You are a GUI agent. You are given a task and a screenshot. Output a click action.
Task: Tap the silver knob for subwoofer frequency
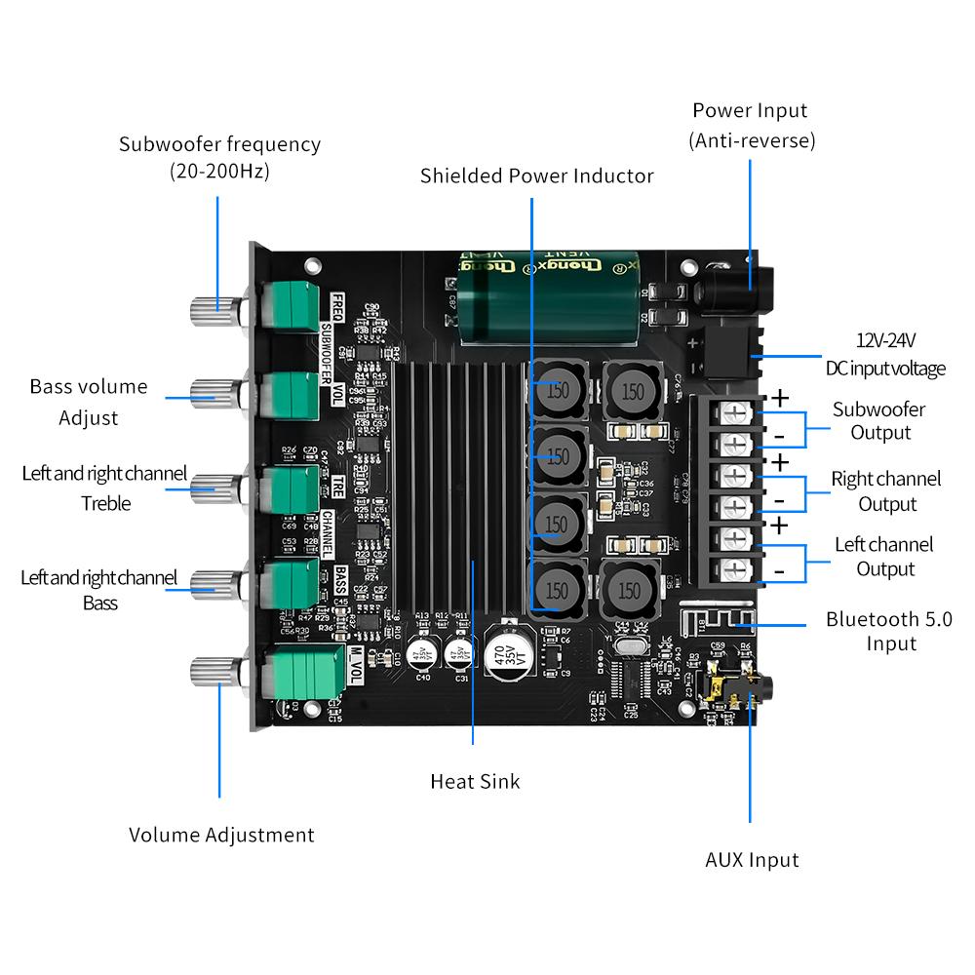click(212, 311)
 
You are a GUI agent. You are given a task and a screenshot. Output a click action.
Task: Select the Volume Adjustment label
click(221, 835)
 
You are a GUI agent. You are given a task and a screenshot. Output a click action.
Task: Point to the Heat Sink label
click(475, 781)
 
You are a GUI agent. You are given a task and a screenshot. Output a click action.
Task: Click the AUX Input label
click(752, 860)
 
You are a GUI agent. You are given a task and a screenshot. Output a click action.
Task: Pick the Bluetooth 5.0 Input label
click(888, 631)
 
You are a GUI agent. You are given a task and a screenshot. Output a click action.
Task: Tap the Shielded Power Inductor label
click(536, 175)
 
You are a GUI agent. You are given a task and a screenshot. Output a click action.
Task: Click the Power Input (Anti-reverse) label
click(751, 125)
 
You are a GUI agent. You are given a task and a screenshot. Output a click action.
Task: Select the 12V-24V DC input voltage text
click(886, 354)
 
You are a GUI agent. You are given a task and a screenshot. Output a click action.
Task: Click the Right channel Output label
click(886, 490)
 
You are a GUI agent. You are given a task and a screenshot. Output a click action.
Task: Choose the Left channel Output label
click(884, 556)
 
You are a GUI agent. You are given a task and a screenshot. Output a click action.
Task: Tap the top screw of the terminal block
click(737, 413)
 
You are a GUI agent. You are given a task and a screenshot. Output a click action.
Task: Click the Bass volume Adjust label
click(89, 402)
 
